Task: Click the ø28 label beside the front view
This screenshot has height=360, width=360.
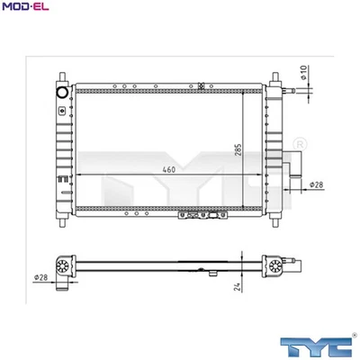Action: pyautogui.click(x=316, y=185)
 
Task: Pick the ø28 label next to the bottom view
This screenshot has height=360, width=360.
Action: pyautogui.click(x=41, y=276)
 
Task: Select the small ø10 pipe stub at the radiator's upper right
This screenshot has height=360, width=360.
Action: pyautogui.click(x=288, y=91)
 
